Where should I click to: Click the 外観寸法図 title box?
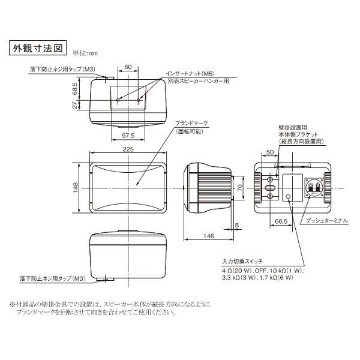tap(37, 47)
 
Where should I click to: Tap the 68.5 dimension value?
tap(74, 89)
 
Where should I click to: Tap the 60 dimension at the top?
tap(128, 67)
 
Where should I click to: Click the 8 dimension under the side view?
tap(237, 225)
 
